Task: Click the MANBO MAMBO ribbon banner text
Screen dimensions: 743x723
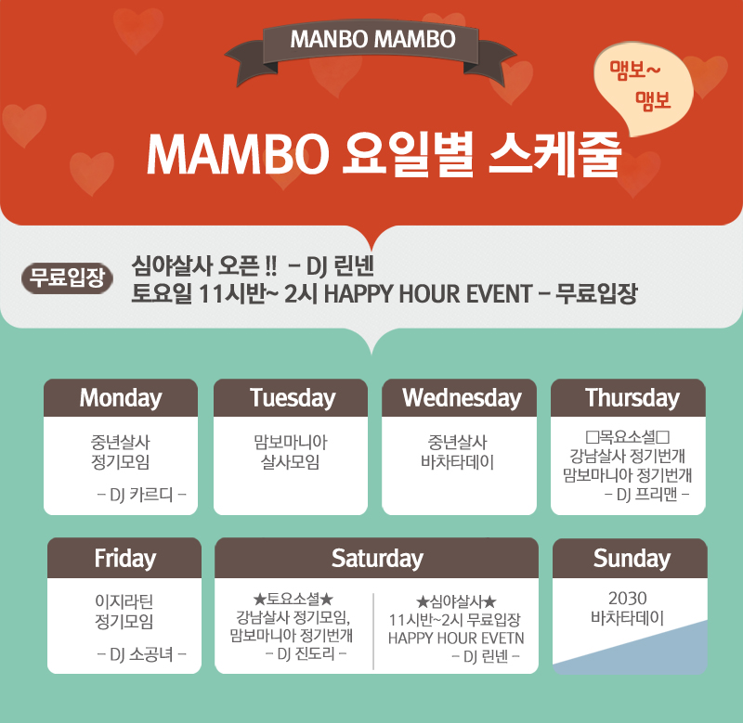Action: (x=373, y=39)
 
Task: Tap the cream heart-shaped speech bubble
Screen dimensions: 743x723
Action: (x=644, y=86)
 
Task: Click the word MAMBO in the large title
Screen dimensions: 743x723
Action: (x=238, y=154)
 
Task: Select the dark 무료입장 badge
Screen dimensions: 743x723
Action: (x=67, y=278)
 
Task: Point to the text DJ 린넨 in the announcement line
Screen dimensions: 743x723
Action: (x=340, y=266)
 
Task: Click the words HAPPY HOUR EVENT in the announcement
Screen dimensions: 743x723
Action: (x=428, y=294)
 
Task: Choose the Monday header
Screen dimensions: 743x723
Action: (x=121, y=398)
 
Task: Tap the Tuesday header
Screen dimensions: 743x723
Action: (x=291, y=398)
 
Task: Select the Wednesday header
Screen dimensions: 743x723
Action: (x=459, y=398)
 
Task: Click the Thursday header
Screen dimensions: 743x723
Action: (x=629, y=398)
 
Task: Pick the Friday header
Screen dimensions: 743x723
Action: (x=124, y=558)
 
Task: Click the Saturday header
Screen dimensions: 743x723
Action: (x=377, y=558)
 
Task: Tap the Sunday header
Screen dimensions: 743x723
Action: (x=631, y=558)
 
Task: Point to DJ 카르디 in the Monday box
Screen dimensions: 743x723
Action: (x=141, y=495)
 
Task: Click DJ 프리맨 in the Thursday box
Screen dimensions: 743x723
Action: (x=646, y=495)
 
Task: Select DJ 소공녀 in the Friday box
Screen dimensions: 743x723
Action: (x=141, y=654)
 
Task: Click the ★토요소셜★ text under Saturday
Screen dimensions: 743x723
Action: (x=293, y=600)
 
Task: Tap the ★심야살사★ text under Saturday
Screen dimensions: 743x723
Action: (x=456, y=601)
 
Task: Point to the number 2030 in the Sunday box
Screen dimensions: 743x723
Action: (x=628, y=599)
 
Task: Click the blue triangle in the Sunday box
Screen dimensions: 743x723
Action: (x=663, y=651)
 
